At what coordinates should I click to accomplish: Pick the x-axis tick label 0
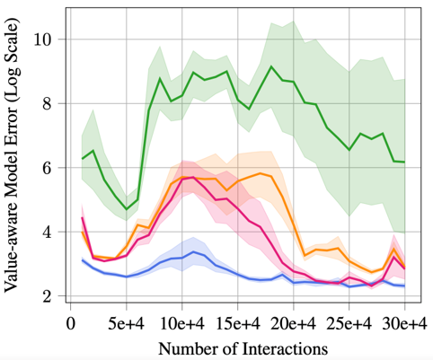(x=70, y=323)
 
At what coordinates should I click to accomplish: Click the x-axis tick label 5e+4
(x=126, y=323)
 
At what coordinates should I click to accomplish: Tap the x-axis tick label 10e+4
(x=182, y=323)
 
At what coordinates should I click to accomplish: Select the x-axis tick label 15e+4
(x=238, y=323)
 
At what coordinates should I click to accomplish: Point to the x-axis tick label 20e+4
(x=294, y=323)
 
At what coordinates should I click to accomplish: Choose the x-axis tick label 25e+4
(x=349, y=323)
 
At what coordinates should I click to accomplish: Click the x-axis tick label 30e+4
(x=405, y=323)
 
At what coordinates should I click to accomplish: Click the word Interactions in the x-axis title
(x=285, y=349)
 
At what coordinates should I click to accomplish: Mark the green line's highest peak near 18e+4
(x=271, y=66)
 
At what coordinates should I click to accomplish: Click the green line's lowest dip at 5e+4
(x=127, y=209)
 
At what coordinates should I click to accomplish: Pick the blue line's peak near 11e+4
(x=193, y=251)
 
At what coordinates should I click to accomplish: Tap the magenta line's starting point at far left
(x=82, y=217)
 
